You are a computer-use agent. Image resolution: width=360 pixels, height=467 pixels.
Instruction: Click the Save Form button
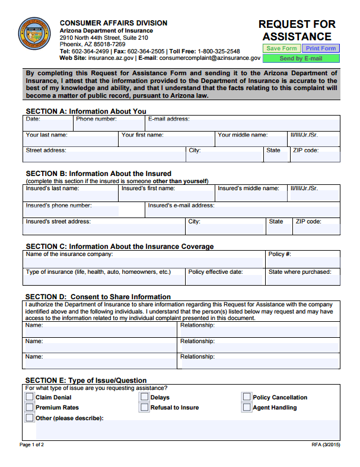[281, 49]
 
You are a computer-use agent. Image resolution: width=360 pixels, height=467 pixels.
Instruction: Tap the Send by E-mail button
[301, 59]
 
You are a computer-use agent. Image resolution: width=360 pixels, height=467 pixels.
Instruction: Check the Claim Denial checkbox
[30, 397]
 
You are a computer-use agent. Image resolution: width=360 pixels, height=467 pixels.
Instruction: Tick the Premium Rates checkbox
[30, 408]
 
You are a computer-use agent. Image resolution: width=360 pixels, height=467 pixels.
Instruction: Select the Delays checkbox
[144, 397]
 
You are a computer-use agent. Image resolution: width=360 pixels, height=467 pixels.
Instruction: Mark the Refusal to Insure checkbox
[144, 408]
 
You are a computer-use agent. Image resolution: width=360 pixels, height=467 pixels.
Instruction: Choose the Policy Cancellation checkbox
[247, 397]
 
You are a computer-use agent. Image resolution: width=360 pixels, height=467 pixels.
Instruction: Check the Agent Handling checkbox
[247, 408]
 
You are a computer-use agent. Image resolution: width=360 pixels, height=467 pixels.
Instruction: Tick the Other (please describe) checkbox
[30, 418]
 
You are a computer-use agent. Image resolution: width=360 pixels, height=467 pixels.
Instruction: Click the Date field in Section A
[49, 125]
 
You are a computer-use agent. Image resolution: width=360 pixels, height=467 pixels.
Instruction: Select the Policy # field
[302, 261]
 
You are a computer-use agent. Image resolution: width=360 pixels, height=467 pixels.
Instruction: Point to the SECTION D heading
[98, 296]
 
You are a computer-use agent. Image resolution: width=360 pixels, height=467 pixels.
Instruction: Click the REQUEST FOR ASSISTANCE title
[297, 30]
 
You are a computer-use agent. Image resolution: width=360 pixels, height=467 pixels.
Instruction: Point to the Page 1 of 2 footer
[32, 444]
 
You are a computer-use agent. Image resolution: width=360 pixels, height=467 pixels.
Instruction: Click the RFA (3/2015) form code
[326, 444]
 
